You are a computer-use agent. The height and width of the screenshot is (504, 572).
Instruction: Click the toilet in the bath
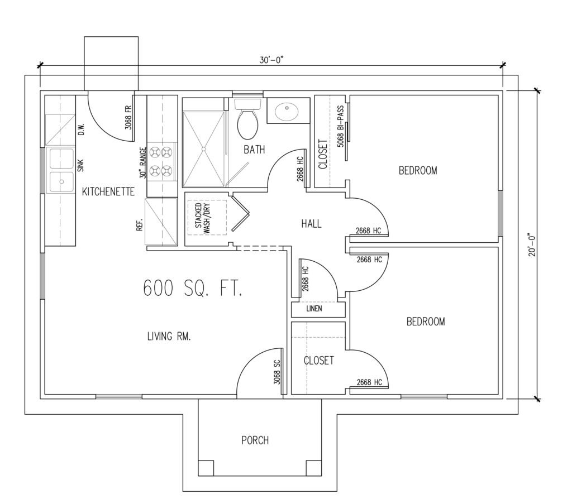[x=247, y=119]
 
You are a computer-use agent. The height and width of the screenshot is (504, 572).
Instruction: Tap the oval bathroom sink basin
[x=287, y=112]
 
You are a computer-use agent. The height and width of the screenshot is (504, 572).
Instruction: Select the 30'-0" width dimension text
[x=271, y=60]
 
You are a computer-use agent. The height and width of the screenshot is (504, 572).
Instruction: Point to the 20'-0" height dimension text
[x=532, y=244]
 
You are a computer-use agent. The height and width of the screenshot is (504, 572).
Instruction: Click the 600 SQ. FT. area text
[x=192, y=288]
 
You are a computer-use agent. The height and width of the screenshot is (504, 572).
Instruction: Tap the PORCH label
[x=255, y=440]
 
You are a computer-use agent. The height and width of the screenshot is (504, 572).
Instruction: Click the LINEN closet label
[x=314, y=309]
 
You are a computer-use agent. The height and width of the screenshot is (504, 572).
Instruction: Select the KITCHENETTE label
[x=108, y=191]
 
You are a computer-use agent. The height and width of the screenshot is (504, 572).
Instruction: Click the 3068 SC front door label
[x=277, y=372]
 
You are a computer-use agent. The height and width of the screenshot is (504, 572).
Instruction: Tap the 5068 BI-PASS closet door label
[x=340, y=127]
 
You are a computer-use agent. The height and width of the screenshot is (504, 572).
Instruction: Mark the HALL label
[x=311, y=223]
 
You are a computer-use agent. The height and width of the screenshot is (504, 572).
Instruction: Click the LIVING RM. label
[x=169, y=336]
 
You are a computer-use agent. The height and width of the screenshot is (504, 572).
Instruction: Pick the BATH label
[x=254, y=150]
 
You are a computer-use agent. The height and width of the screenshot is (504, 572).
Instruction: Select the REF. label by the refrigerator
[x=139, y=225]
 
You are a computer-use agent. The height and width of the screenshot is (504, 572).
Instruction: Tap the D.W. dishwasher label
[x=81, y=129]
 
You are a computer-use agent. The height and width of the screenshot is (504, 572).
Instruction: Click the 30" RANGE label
[x=142, y=162]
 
